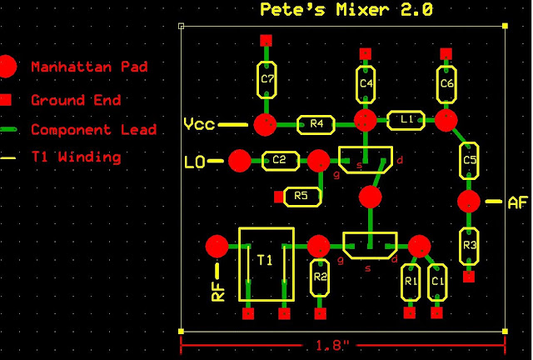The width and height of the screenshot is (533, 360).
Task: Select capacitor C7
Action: pos(267,81)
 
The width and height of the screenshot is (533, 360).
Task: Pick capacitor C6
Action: pos(446,83)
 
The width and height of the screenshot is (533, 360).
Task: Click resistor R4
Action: pos(316,124)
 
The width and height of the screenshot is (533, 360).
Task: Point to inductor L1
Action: pos(406,121)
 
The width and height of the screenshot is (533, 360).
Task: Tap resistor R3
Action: pos(469,246)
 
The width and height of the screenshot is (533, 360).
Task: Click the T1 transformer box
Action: pos(265,264)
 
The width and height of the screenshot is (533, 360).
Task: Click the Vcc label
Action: pos(199,125)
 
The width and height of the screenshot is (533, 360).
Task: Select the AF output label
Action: pos(517,202)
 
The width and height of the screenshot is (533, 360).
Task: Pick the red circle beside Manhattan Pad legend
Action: pos(7,66)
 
